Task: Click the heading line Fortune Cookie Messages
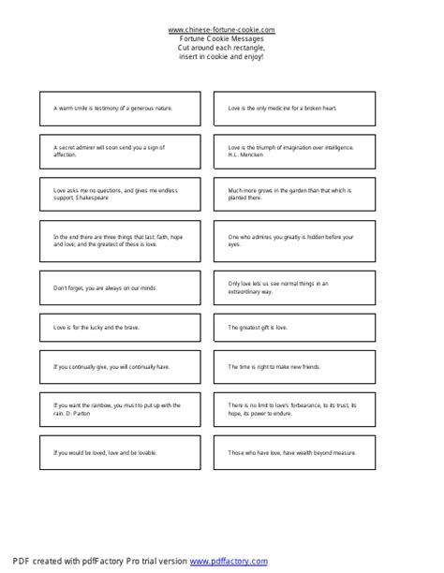222,37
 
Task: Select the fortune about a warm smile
113,109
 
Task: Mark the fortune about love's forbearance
291,407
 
